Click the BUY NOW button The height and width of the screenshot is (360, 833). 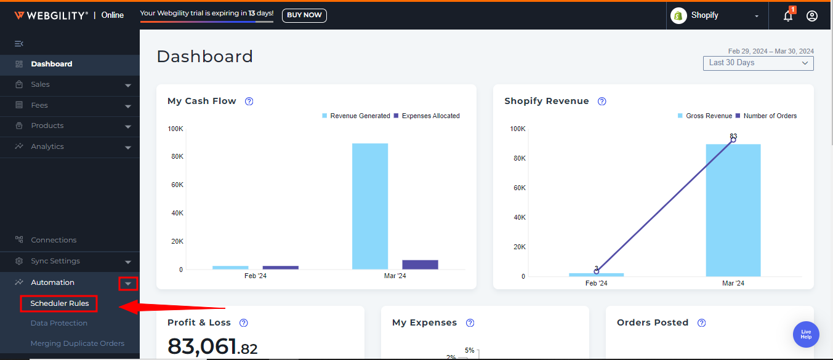point(304,15)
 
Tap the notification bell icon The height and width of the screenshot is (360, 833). point(788,16)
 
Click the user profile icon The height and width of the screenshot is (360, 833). point(812,16)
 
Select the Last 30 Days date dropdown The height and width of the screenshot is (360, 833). point(758,63)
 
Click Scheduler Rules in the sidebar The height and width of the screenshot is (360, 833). point(59,303)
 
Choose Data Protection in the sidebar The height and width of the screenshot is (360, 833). point(59,323)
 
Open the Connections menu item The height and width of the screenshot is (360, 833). point(54,240)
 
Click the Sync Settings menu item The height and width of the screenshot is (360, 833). point(55,261)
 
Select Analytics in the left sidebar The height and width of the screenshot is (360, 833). point(47,146)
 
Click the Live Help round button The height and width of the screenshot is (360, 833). point(806,334)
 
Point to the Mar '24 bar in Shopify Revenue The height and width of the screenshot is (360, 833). point(733,210)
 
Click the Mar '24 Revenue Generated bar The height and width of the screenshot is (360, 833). point(370,206)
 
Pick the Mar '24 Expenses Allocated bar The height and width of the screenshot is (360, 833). point(420,265)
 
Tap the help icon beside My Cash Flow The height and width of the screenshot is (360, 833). point(249,102)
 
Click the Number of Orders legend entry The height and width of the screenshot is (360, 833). point(770,116)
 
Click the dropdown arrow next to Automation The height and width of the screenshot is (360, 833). point(128,283)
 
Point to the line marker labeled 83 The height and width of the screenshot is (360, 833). point(733,140)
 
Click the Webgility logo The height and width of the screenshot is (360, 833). point(51,15)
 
